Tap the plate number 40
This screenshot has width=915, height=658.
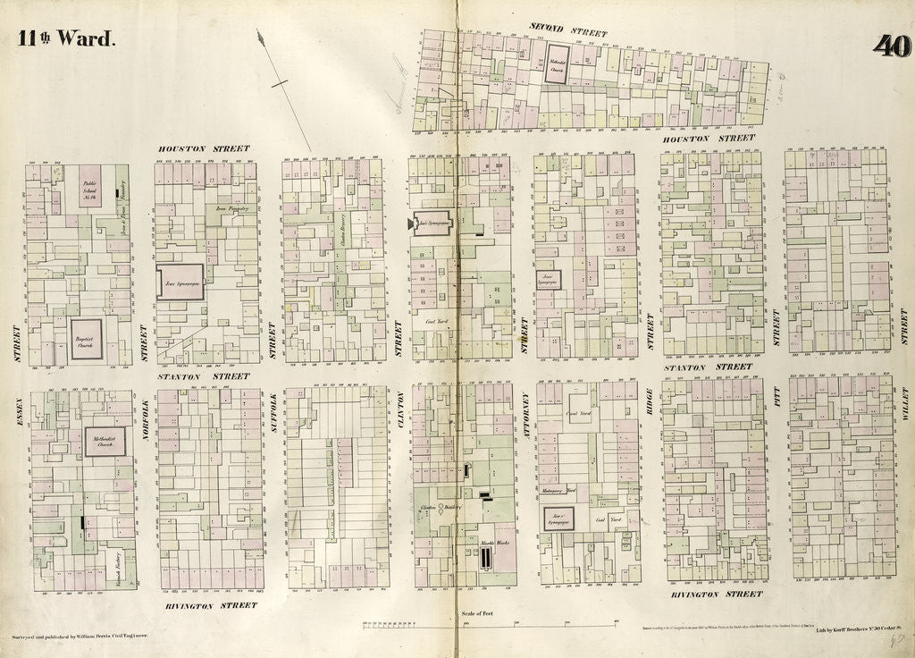click(x=891, y=46)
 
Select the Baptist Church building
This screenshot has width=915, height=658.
click(x=87, y=339)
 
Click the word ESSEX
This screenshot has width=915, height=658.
click(x=18, y=426)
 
